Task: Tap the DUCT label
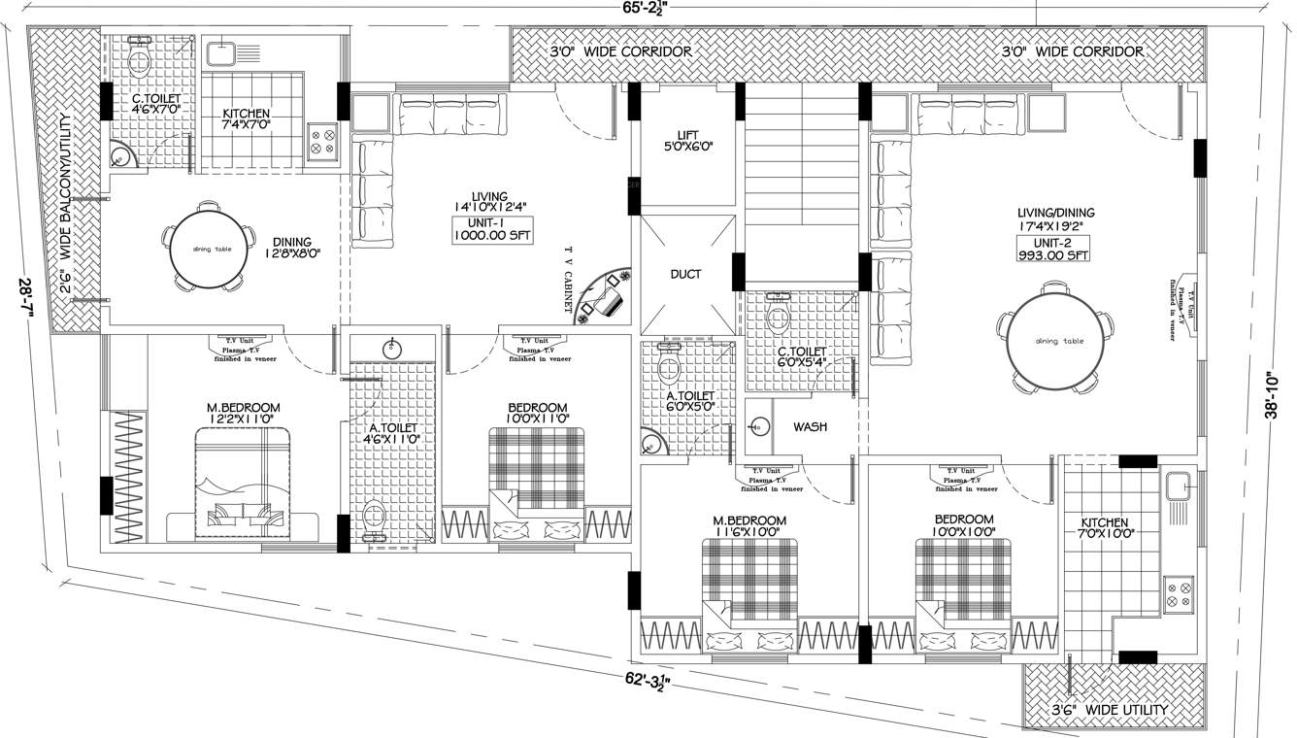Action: coord(685,274)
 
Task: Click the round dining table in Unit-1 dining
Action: coord(210,249)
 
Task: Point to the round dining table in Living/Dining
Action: coord(1058,341)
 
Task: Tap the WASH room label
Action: coord(811,426)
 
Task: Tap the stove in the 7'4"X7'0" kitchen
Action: coord(322,143)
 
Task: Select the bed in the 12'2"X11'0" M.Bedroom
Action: coord(244,486)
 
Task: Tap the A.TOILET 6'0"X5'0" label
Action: coord(690,402)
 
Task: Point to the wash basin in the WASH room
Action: coord(760,426)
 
